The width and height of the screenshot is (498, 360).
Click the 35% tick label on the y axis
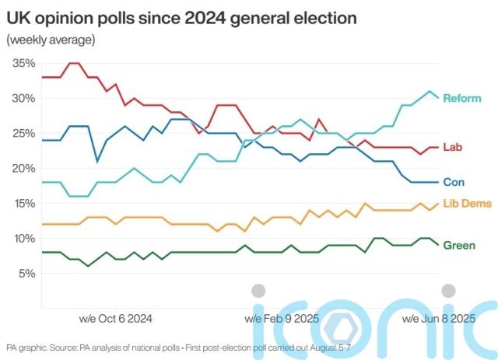point(24,63)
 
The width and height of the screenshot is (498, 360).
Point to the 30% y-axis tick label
point(24,98)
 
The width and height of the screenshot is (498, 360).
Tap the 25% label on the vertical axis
point(24,133)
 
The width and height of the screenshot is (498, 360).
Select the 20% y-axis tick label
point(24,168)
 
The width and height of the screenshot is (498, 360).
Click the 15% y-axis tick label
point(24,203)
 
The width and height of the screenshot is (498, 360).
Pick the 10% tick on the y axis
point(24,238)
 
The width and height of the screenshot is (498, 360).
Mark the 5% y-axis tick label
point(26,273)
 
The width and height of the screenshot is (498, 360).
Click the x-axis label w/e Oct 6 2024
point(116,319)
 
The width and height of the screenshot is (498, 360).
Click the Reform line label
point(462,99)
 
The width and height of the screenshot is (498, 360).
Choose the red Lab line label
point(453,147)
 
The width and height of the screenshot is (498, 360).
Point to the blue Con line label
point(454,182)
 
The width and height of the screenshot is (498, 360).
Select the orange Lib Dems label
point(467,203)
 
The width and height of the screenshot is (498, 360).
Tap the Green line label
point(459,246)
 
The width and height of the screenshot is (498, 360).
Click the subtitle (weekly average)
point(51,39)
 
